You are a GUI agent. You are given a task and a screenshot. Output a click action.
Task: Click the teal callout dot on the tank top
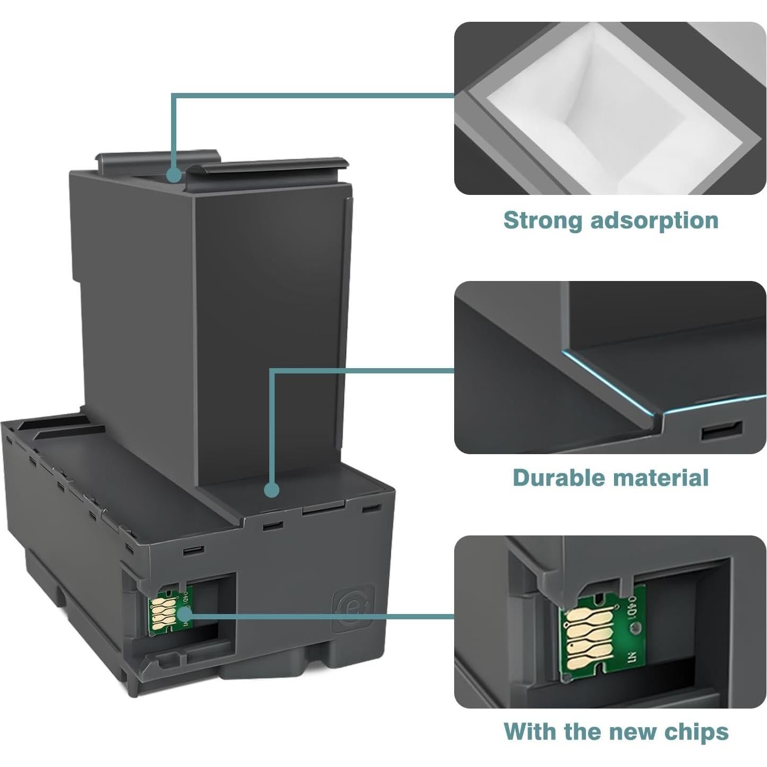click(173, 175)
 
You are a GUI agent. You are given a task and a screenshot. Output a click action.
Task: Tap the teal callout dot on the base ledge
click(272, 489)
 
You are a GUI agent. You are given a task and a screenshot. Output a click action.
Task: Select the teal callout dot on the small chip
click(185, 615)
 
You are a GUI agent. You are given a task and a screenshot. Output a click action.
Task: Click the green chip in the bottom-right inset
click(603, 632)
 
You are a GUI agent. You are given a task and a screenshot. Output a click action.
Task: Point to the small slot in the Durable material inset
click(721, 430)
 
